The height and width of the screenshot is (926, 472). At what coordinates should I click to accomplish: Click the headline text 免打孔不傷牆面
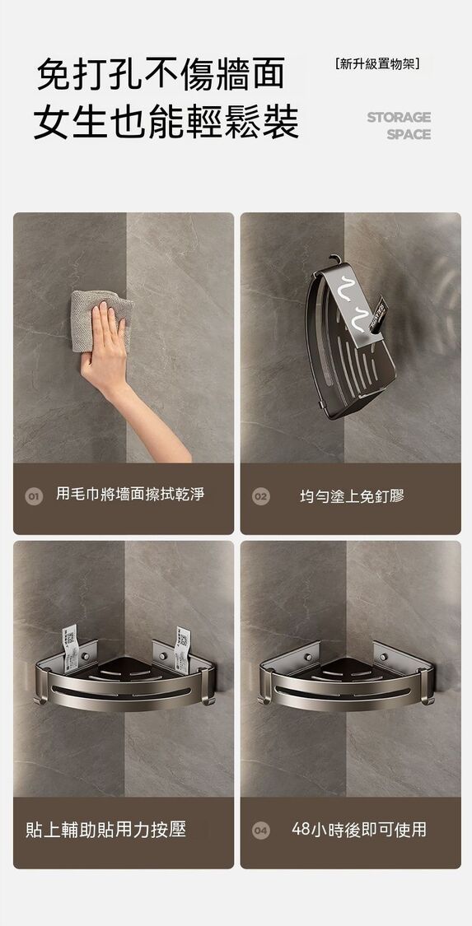pos(161,74)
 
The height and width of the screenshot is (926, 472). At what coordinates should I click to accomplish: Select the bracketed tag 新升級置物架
pos(377,63)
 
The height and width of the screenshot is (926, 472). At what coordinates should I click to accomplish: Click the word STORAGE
pos(399,117)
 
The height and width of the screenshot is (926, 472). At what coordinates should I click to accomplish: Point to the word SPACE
pos(409,134)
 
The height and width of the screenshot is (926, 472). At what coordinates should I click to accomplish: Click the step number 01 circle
pos(34,496)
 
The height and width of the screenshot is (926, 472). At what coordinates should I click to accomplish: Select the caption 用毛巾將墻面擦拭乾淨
pos(130,495)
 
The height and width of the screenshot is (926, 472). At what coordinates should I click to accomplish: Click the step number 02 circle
pos(260,496)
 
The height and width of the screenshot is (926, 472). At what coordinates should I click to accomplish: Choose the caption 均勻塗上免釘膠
pos(352,496)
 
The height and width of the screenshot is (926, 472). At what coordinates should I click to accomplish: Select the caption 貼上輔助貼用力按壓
pos(105,830)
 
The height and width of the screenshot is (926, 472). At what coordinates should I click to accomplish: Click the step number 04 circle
pos(260,831)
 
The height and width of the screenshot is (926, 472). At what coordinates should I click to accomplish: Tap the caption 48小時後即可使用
pos(359,829)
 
